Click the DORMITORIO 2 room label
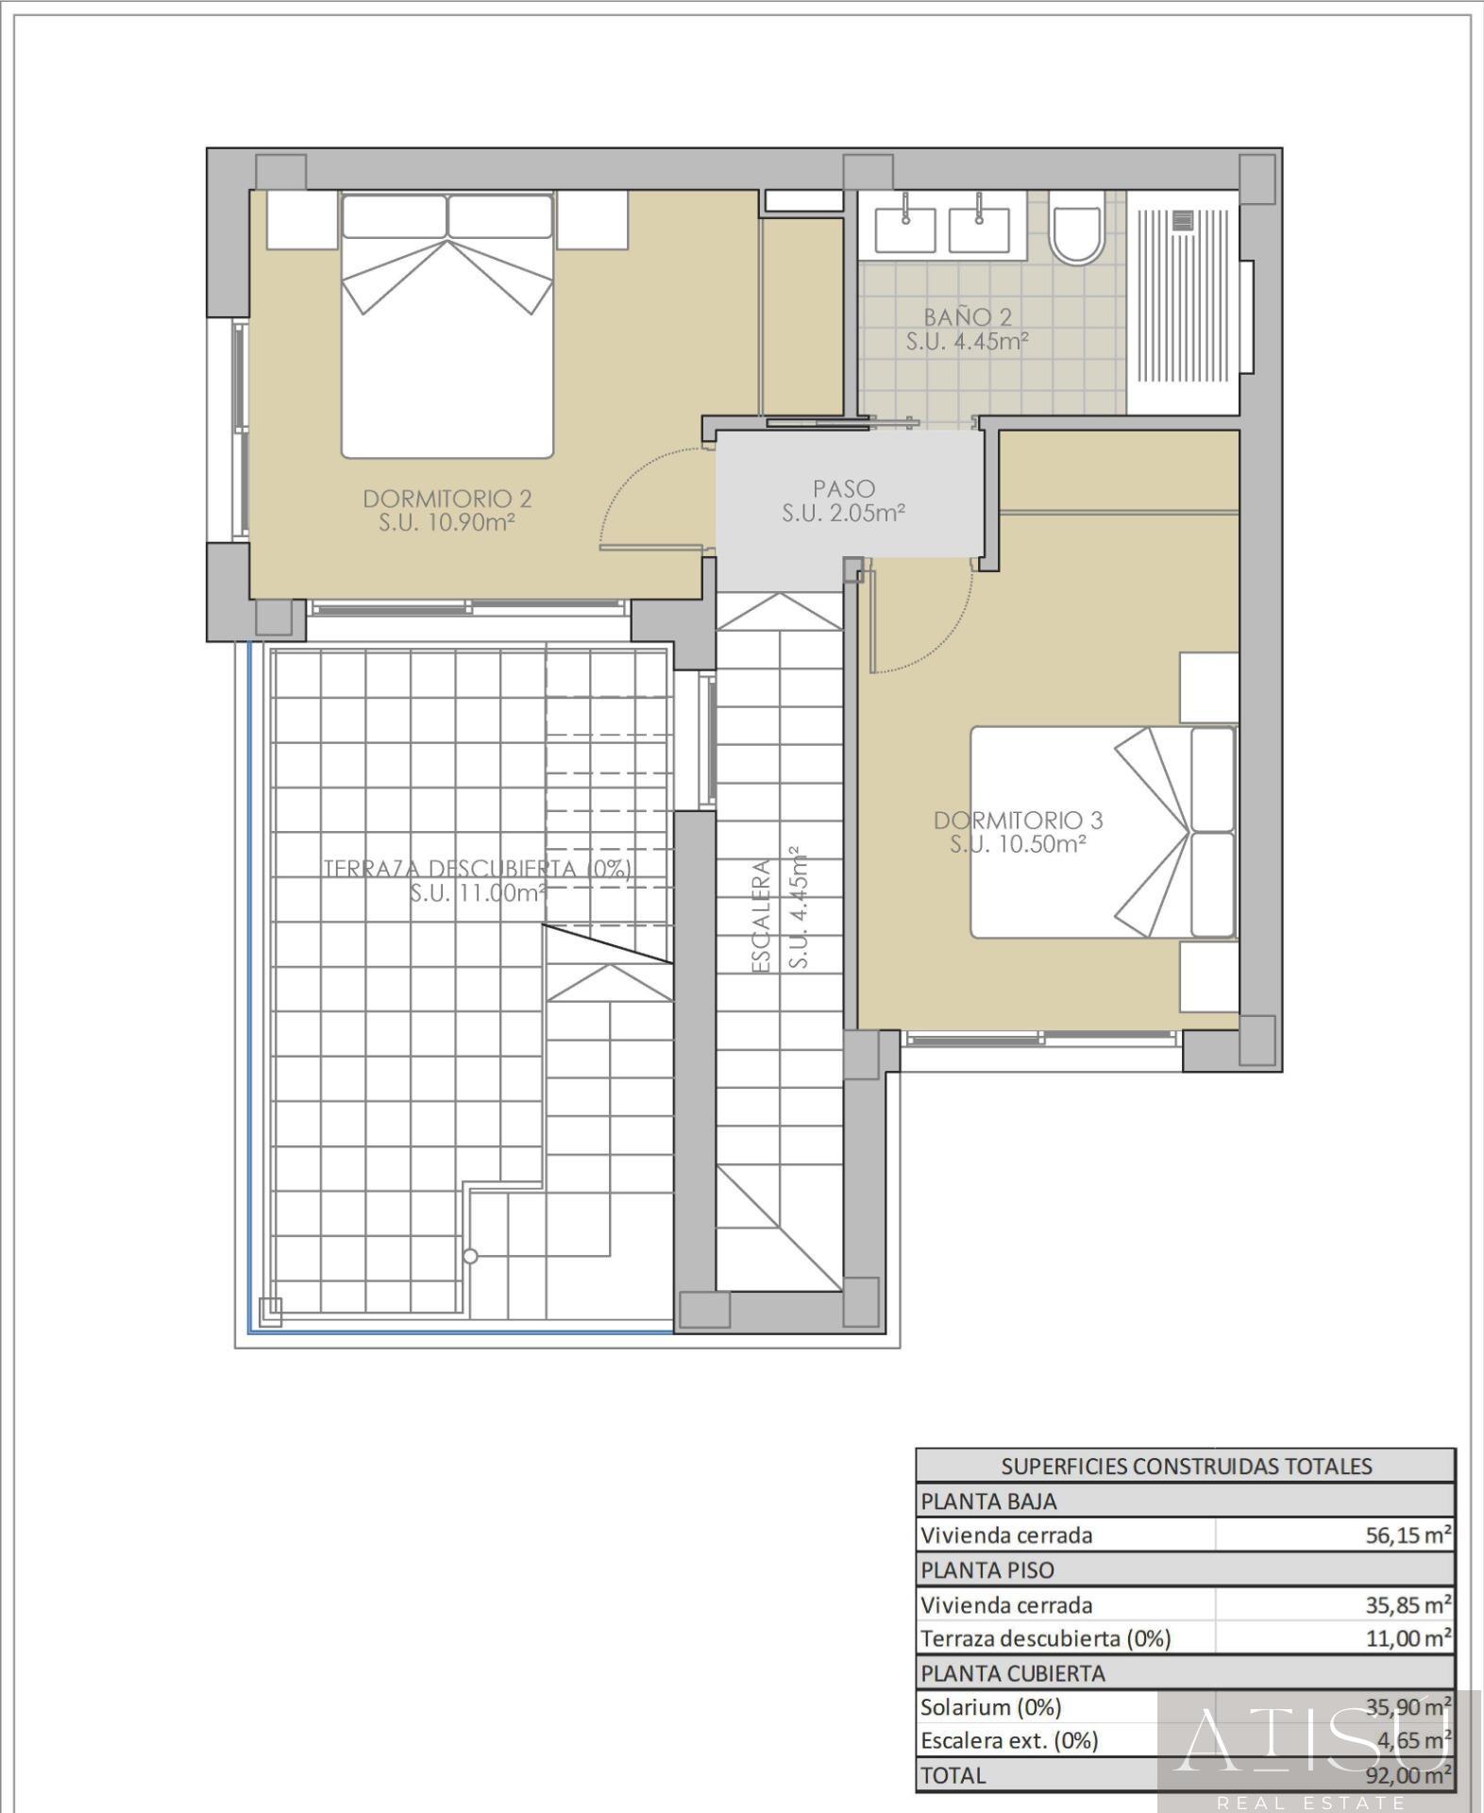(x=447, y=499)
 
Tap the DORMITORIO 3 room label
(x=1018, y=821)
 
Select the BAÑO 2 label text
(x=967, y=317)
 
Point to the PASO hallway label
(x=844, y=489)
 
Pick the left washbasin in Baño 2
(x=905, y=230)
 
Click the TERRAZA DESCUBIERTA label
(x=478, y=869)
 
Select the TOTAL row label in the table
(x=953, y=1775)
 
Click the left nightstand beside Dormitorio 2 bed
(x=302, y=220)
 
